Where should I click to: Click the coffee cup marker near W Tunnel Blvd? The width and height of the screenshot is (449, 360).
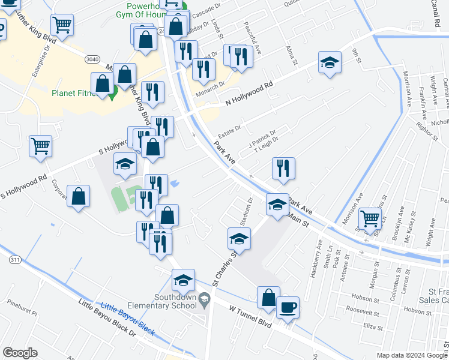[288, 307]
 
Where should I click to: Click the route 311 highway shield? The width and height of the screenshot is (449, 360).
[14, 260]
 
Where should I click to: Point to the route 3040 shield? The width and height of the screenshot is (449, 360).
[92, 59]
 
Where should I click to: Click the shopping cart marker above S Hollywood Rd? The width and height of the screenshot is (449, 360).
[40, 146]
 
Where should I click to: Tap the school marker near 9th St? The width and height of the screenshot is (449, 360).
[330, 64]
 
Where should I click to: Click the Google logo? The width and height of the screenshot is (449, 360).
[20, 353]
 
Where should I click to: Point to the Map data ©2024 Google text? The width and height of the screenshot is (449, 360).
[411, 355]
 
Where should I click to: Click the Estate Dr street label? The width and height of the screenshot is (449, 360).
[228, 128]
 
